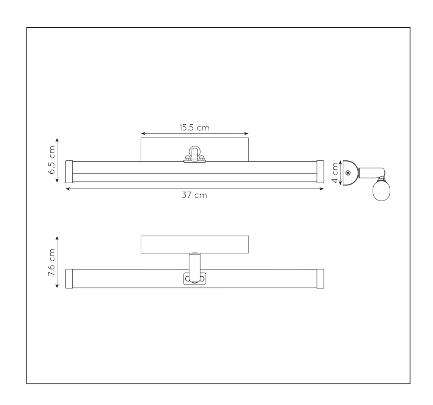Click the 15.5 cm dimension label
coord(194,128)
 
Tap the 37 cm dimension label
coord(194,195)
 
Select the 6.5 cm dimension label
coord(52,160)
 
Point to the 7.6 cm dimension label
coord(52,262)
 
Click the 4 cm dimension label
coord(335,173)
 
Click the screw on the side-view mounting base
coord(348,173)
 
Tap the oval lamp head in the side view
coord(381,190)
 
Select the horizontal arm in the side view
coord(371,173)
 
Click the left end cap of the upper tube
coord(69,172)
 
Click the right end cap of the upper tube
coord(320,172)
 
